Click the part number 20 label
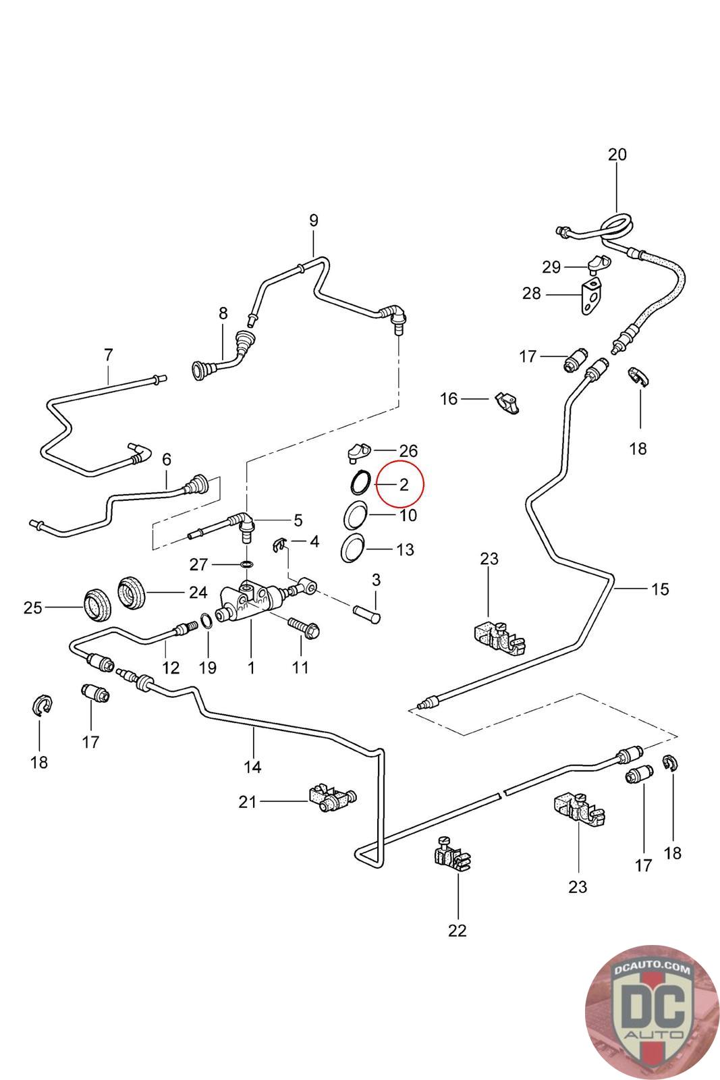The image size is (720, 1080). coord(617,155)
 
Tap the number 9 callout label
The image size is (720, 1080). coord(313,220)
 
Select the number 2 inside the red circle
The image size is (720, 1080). coord(404,485)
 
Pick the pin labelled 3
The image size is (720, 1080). coord(368,614)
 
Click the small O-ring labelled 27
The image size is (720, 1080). coord(247,564)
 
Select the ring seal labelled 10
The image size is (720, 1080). coord(355,516)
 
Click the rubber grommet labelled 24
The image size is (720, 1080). coord(132,592)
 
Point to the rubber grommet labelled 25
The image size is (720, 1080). coord(96,605)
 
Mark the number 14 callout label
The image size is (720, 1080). coord(252,767)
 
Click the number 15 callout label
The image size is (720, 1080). coord(660,589)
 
